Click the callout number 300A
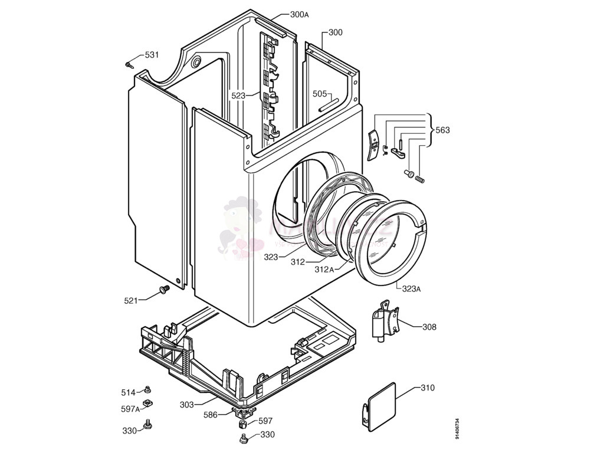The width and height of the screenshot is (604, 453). tap(299, 15)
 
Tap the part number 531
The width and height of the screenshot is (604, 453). tap(152, 55)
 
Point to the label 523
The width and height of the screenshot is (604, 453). tap(238, 95)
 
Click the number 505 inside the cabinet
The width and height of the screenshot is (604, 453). tap(320, 93)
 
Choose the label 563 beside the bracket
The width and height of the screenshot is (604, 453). tap(442, 130)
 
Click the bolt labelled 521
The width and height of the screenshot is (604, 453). tap(163, 289)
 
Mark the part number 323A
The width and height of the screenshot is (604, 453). tap(411, 289)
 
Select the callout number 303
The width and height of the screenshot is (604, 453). tap(187, 405)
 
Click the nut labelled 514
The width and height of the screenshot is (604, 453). tap(148, 389)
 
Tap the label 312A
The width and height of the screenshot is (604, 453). tap(324, 270)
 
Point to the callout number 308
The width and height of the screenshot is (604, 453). tap(429, 327)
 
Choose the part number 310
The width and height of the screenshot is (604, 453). tap(428, 388)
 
